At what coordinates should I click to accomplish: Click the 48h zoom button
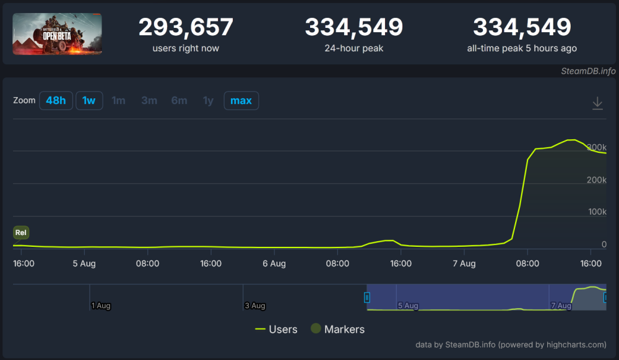(x=56, y=100)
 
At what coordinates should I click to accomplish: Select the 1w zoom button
(x=89, y=100)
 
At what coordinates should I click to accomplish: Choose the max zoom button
(x=241, y=100)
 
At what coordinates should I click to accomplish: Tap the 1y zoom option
(x=208, y=100)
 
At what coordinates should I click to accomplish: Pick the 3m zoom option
(x=149, y=100)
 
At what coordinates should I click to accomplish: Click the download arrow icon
(x=597, y=103)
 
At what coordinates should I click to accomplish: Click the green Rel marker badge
(x=21, y=233)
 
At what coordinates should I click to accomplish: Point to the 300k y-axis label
(x=596, y=148)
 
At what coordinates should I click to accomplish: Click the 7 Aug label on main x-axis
(x=464, y=264)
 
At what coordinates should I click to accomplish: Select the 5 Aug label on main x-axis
(x=84, y=264)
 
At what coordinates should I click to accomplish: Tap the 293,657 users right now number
(x=186, y=27)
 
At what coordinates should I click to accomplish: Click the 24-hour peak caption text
(x=353, y=48)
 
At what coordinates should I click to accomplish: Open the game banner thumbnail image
(x=57, y=34)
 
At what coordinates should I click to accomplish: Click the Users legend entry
(x=276, y=329)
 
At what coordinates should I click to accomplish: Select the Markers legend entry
(x=337, y=329)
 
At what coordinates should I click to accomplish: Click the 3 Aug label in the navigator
(x=254, y=306)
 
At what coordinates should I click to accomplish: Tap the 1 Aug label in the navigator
(x=101, y=306)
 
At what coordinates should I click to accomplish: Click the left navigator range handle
(x=366, y=298)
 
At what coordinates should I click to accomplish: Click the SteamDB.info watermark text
(x=588, y=71)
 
